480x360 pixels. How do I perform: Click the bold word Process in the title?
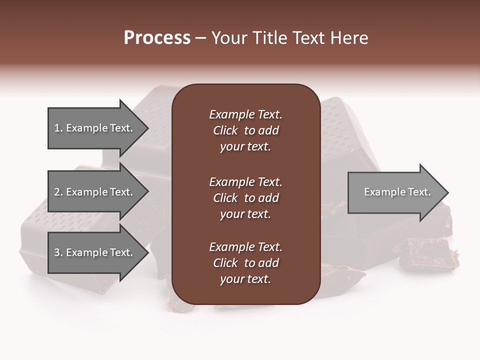click(x=157, y=38)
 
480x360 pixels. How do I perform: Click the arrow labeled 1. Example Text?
click(x=95, y=128)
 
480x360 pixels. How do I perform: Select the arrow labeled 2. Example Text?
click(x=95, y=192)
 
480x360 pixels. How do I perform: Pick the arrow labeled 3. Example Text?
click(x=95, y=252)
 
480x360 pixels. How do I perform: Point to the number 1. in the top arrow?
click(x=58, y=128)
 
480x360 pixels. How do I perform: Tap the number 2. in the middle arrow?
click(x=58, y=192)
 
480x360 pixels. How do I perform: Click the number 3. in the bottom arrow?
click(x=58, y=252)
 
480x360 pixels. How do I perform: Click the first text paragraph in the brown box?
click(x=245, y=130)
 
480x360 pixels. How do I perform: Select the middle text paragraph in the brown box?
click(x=245, y=197)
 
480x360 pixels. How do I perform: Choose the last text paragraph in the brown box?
click(x=245, y=263)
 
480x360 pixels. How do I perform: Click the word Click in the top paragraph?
click(x=225, y=130)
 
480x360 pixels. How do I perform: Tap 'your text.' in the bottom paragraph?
click(x=245, y=279)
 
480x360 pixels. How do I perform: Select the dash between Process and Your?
click(x=200, y=38)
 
